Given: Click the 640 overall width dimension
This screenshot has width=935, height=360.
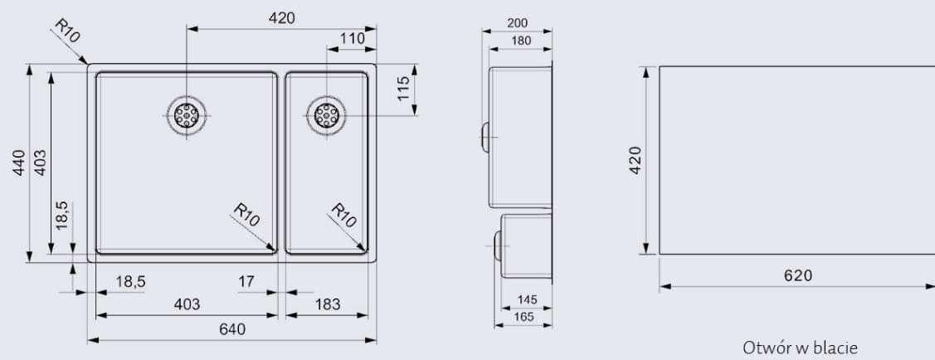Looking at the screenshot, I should (x=232, y=329).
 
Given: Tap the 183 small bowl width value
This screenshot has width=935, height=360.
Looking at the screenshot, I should (x=328, y=304).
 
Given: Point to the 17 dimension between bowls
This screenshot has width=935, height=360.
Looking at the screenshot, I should (x=246, y=282).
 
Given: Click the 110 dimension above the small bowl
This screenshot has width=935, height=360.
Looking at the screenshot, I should (x=353, y=38).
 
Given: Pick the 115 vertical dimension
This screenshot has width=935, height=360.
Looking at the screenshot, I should (x=403, y=89).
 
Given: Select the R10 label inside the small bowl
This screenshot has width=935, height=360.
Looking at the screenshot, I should (x=343, y=216).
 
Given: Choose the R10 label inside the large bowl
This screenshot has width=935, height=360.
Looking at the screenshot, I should (x=247, y=216).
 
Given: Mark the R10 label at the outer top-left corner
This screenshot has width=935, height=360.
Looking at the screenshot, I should (x=66, y=31).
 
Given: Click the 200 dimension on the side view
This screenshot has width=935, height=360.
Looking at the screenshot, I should (x=517, y=23).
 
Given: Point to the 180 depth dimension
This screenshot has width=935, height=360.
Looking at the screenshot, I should (x=521, y=40).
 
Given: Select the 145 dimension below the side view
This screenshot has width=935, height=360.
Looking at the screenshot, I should (x=527, y=299).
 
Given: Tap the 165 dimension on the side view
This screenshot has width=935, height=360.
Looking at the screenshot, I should (x=523, y=316).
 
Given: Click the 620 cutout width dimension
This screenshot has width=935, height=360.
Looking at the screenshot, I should (x=798, y=275).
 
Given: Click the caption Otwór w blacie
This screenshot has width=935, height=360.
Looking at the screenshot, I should (x=800, y=348).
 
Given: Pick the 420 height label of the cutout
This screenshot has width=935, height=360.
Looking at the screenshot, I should (x=635, y=159).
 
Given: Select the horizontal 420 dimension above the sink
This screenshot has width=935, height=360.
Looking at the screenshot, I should (x=282, y=18).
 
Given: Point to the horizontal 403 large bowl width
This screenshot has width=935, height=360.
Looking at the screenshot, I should (x=187, y=304).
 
